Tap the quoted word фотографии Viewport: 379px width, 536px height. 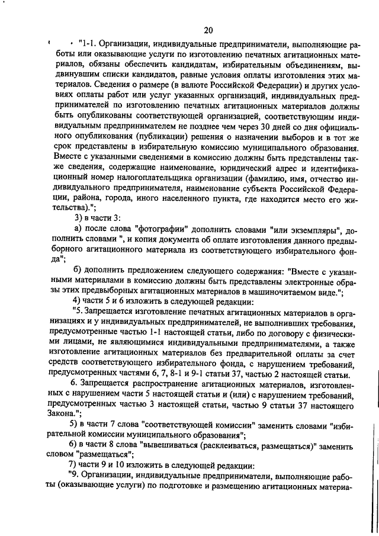coord(160,228)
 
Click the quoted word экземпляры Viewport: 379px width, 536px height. coord(295,228)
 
